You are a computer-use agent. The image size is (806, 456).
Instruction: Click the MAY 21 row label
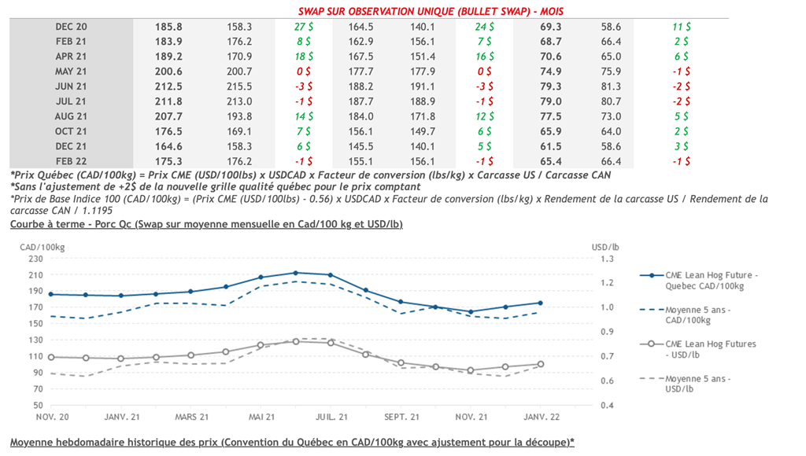[71, 72]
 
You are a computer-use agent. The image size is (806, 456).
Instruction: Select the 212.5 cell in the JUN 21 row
[170, 86]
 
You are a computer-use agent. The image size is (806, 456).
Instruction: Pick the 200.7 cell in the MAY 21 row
[238, 72]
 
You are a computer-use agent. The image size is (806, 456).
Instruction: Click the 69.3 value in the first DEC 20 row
[551, 27]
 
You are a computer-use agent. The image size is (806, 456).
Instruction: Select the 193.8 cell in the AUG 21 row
[238, 116]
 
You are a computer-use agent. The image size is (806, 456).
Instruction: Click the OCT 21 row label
[71, 131]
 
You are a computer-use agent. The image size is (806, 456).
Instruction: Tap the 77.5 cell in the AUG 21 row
[551, 116]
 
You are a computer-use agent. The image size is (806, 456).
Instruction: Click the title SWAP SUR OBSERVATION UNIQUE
[431, 12]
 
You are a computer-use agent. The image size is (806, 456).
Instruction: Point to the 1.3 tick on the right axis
[608, 259]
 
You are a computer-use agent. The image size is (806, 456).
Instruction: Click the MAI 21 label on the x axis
[261, 417]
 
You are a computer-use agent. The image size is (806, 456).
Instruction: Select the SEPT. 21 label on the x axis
[401, 417]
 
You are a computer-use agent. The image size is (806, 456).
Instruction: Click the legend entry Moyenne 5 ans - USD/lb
[698, 384]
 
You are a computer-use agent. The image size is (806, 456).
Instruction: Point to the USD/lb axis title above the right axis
[606, 246]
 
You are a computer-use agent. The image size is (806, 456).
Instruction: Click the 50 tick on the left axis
[37, 405]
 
